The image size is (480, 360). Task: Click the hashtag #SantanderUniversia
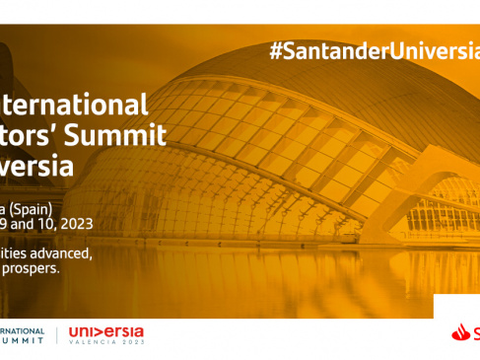click(374, 52)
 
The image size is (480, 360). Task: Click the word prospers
click(34, 267)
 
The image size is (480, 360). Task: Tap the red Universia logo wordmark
click(105, 332)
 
